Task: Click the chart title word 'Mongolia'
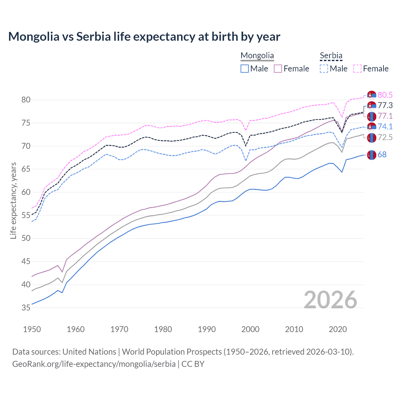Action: (34, 37)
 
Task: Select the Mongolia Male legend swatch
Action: (245, 69)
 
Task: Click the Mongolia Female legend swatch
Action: (278, 69)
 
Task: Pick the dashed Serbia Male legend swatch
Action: (324, 69)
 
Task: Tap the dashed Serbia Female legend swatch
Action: (357, 69)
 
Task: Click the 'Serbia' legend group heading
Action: (331, 56)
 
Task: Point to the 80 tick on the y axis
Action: (26, 100)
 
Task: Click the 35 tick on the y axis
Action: (26, 308)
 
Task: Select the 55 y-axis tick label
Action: (26, 215)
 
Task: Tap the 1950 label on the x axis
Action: (32, 329)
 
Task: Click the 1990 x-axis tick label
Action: (207, 329)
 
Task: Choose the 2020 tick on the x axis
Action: (338, 329)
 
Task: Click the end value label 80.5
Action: (385, 95)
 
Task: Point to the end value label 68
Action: (382, 154)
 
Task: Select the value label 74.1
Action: (385, 127)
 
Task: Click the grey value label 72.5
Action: (385, 137)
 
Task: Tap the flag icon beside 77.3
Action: (372, 106)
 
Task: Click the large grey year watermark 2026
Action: (331, 300)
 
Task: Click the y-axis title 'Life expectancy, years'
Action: (13, 200)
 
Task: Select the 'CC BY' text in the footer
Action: (193, 364)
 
